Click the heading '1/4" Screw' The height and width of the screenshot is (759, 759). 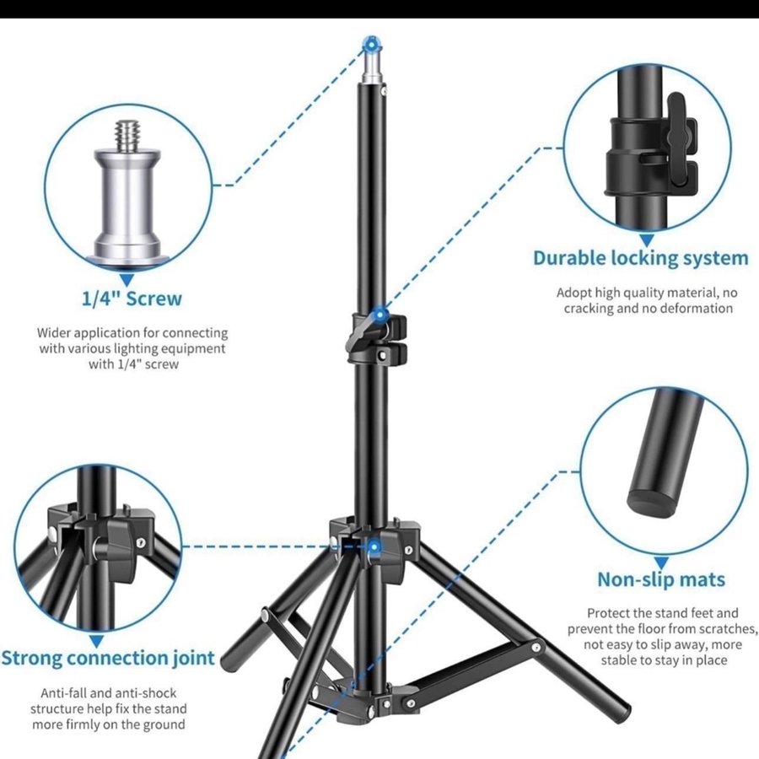pyautogui.click(x=132, y=299)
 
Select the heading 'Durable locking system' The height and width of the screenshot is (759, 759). pyautogui.click(x=641, y=259)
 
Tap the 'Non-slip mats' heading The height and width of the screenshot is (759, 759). pyautogui.click(x=661, y=579)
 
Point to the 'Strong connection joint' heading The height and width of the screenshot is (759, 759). pyautogui.click(x=107, y=659)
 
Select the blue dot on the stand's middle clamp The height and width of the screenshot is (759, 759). pyautogui.click(x=380, y=315)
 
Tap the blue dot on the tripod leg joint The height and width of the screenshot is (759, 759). pyautogui.click(x=374, y=547)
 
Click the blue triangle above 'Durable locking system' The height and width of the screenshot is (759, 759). pyautogui.click(x=647, y=240)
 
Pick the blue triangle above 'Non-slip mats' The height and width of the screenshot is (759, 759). pyautogui.click(x=662, y=563)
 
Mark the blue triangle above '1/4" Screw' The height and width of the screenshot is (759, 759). pyautogui.click(x=126, y=280)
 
